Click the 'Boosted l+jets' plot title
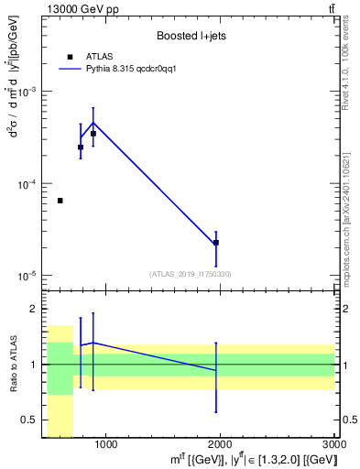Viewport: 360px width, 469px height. [189, 36]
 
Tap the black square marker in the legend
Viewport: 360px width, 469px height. [70, 57]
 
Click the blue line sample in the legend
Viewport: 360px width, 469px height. [71, 69]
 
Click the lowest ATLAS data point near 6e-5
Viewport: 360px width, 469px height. [60, 201]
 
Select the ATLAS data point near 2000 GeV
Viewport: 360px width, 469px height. [216, 243]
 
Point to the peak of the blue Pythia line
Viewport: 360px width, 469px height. [93, 123]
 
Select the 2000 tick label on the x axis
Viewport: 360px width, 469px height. [220, 446]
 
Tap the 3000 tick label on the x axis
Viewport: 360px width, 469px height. [333, 446]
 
